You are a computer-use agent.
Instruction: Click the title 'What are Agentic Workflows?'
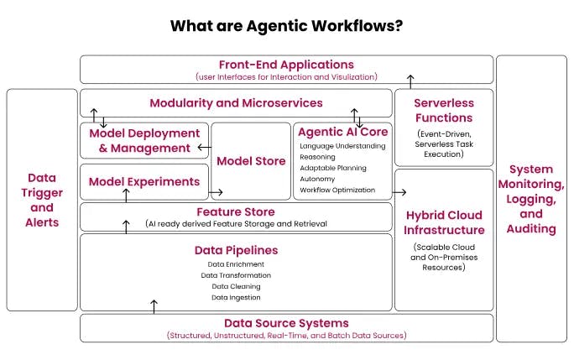[x=286, y=25]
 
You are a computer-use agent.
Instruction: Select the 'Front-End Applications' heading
[x=286, y=64]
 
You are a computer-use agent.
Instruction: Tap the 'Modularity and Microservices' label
[x=236, y=103]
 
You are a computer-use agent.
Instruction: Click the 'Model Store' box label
[x=251, y=160]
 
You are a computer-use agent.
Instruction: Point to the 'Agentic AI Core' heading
[x=342, y=132]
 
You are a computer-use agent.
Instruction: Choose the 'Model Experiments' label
[x=144, y=181]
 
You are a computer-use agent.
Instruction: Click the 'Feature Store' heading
[x=236, y=211]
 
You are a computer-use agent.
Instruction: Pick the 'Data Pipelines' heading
[x=236, y=250]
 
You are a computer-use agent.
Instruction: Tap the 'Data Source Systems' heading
[x=286, y=323]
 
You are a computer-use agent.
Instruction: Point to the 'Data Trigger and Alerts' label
[x=42, y=200]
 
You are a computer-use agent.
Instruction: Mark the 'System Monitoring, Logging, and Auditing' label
[x=531, y=199]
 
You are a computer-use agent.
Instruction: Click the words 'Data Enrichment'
[x=236, y=264]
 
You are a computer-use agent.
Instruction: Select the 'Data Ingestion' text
[x=236, y=297]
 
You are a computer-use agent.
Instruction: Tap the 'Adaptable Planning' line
[x=333, y=168]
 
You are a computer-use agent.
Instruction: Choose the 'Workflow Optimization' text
[x=338, y=190]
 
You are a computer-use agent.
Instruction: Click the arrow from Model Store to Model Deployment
[x=203, y=149]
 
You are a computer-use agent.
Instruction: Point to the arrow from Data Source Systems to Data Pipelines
[x=154, y=306]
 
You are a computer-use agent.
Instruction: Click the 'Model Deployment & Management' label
[x=144, y=141]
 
